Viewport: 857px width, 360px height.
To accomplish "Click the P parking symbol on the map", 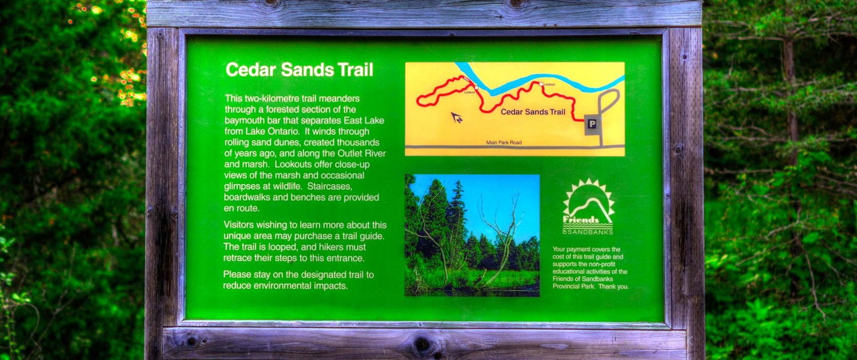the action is (592, 123).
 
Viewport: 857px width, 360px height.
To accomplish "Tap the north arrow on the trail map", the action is (456, 118).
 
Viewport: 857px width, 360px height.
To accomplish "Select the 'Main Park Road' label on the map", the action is (504, 143).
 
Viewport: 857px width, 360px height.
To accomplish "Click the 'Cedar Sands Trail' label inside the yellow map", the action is (533, 111).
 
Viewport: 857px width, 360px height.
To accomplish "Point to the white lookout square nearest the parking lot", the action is (541, 84).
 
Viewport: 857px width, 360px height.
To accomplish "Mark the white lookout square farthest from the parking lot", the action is (476, 87).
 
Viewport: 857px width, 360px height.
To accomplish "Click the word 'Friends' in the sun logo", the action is (581, 219).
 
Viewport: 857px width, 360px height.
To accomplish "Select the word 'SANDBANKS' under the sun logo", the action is (590, 232).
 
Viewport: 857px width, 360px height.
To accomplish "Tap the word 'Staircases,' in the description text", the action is (330, 187).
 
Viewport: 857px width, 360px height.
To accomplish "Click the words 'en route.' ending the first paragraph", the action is (242, 209).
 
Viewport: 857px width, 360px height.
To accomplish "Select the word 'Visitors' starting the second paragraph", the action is (238, 225).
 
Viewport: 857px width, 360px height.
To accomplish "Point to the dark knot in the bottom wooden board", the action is (422, 344).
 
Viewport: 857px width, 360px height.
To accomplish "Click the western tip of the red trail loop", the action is (418, 102).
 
